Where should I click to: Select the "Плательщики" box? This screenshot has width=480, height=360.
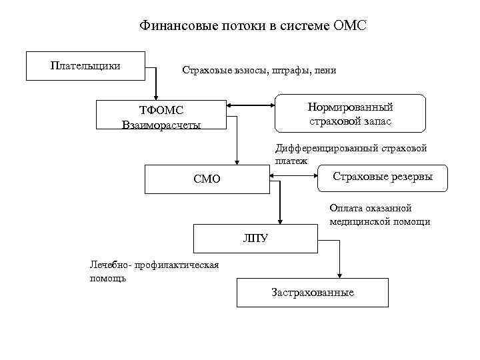(85, 65)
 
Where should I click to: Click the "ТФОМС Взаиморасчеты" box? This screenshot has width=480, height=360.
(161, 115)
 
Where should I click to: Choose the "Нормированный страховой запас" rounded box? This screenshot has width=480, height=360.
(350, 113)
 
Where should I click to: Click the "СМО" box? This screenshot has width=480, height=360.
(207, 179)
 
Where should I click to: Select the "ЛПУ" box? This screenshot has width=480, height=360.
(255, 237)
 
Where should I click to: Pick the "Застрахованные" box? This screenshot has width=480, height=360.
(313, 293)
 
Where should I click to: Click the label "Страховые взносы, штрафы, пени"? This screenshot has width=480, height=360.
(259, 71)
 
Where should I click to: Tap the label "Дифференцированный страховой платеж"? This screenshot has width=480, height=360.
(351, 154)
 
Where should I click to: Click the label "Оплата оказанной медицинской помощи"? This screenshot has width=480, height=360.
(379, 215)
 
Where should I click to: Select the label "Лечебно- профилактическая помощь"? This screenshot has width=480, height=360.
(154, 271)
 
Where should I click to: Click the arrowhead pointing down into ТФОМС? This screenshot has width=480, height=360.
(156, 96)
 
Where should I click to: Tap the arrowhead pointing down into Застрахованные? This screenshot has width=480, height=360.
(341, 275)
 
